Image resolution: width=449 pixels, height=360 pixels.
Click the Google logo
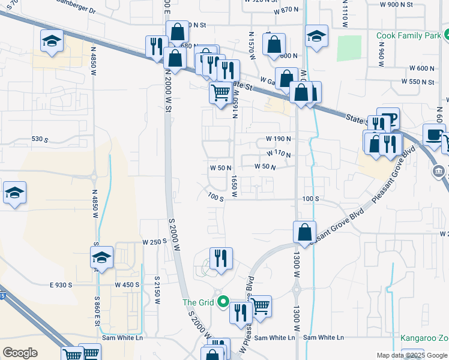pyautogui.click(x=20, y=352)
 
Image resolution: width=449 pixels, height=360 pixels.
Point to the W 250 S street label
pyautogui.click(x=154, y=242)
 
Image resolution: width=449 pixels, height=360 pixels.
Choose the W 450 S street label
pyautogui.click(x=127, y=284)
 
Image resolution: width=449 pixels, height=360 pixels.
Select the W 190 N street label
pyautogui.click(x=279, y=139)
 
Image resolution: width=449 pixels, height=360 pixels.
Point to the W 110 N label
pyautogui.click(x=278, y=154)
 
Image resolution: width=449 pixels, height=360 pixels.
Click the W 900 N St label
pyautogui.click(x=397, y=4)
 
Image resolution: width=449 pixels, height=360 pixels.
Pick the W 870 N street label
pyautogui.click(x=286, y=11)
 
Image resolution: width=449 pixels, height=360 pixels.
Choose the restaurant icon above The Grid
pyautogui.click(x=220, y=257)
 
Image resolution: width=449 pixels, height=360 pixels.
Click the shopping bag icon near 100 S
pyautogui.click(x=305, y=231)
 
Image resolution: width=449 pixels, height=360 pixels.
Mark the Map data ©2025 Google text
pyautogui.click(x=411, y=355)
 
